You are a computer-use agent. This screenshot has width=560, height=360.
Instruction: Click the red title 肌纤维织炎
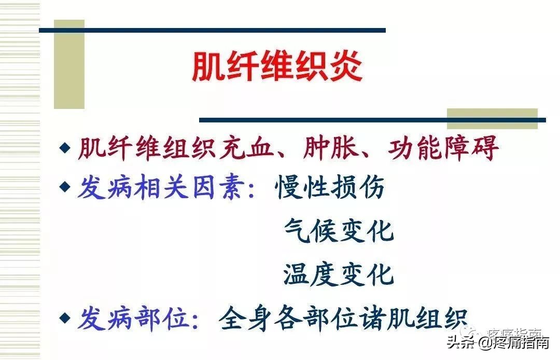(277, 66)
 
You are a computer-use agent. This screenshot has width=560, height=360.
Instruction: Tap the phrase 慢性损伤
(330, 187)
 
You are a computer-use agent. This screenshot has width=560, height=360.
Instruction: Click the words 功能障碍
(443, 148)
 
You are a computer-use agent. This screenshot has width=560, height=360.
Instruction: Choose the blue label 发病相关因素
(159, 187)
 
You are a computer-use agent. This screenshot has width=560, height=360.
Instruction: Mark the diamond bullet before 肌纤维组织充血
(64, 148)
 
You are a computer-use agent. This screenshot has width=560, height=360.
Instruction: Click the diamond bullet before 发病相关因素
(64, 186)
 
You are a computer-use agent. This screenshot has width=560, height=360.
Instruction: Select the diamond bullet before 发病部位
(64, 317)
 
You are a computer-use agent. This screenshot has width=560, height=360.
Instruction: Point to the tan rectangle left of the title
(69, 64)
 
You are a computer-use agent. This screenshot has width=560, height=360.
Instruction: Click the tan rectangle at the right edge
(492, 118)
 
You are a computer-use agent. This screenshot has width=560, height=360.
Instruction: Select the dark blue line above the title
(213, 30)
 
